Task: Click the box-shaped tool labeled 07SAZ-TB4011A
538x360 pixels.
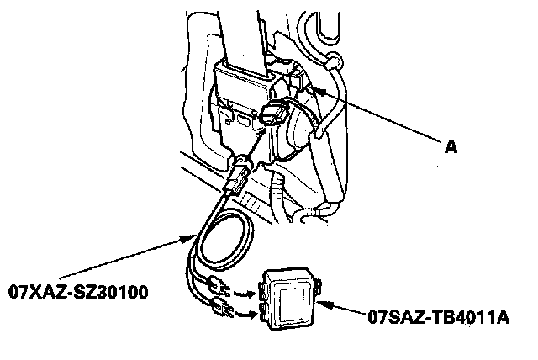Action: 290,297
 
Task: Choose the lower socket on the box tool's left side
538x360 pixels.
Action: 264,313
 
